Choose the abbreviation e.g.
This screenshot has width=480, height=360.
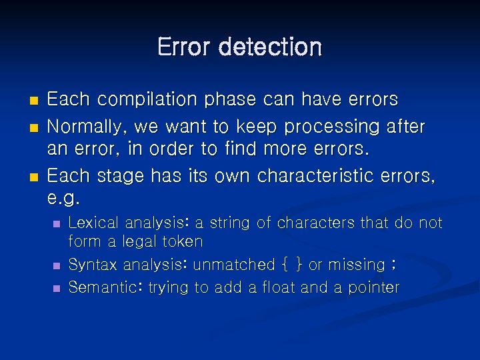click(x=64, y=199)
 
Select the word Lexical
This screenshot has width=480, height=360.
click(x=93, y=223)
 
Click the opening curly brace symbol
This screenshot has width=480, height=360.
click(x=285, y=265)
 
